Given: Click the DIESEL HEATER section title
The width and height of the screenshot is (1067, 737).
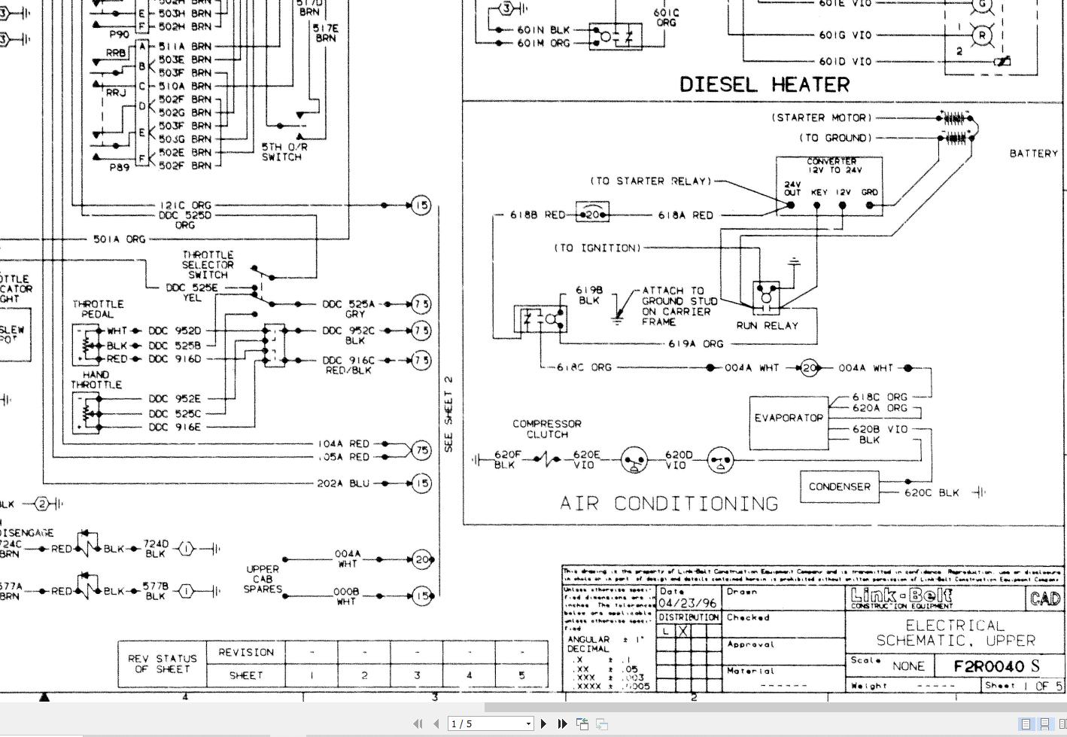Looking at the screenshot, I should tap(765, 84).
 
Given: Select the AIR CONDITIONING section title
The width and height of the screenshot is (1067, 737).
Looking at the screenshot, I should tap(669, 504).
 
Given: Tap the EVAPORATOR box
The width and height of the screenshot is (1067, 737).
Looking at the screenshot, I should tap(788, 418).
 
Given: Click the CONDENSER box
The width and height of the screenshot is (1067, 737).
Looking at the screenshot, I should tap(839, 487).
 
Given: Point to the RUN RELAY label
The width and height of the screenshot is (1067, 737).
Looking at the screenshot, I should tap(767, 325).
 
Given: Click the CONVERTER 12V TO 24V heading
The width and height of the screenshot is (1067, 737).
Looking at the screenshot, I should tap(831, 166).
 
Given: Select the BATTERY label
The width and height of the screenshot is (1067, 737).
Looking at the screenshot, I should tap(1034, 154).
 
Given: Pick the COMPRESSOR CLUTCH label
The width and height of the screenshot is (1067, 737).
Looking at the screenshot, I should tap(547, 429).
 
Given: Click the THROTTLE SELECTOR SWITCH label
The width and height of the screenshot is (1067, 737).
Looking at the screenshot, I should tap(208, 265).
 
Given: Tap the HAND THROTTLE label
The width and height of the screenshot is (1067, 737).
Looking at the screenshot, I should tap(96, 379).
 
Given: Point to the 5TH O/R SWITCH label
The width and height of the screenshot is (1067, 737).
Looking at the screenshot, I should tap(281, 152).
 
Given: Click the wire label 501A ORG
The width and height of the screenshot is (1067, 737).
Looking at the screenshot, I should tap(119, 239).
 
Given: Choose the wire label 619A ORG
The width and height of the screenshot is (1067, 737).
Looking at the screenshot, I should tap(695, 344).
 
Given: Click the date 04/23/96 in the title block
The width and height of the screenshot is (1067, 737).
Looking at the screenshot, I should tap(687, 603).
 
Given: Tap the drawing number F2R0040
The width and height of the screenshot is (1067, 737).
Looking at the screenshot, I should tap(989, 666).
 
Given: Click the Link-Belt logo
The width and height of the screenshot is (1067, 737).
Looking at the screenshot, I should tap(901, 598).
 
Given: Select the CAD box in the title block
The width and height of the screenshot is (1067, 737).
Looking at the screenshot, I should tap(1045, 598).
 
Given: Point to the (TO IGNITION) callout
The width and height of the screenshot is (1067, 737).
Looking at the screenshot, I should tap(597, 248).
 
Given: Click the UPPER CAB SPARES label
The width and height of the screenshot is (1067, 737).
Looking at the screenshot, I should tap(262, 579).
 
